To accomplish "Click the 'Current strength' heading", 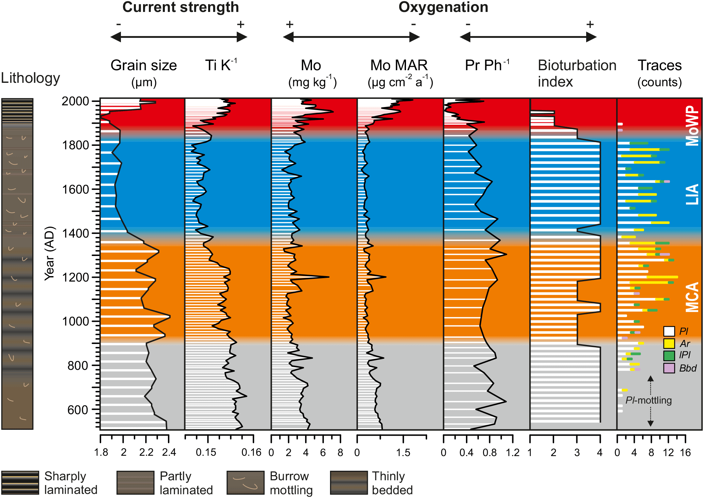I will pyautogui.click(x=181, y=7).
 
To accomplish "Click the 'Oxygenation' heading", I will pyautogui.click(x=443, y=7).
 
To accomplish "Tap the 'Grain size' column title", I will pyautogui.click(x=144, y=65).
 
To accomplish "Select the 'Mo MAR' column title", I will pyautogui.click(x=399, y=65).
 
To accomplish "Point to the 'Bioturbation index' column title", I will pyautogui.click(x=577, y=73).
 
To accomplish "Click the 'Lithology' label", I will pyautogui.click(x=30, y=78).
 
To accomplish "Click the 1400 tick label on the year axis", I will pyautogui.click(x=75, y=233).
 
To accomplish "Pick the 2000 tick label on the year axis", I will pyautogui.click(x=75, y=101).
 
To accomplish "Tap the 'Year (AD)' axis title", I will pyautogui.click(x=50, y=253).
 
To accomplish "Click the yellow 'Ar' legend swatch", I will pyautogui.click(x=669, y=343).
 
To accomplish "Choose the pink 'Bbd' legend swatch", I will pyautogui.click(x=669, y=368).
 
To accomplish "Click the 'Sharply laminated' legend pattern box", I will pyautogui.click(x=20, y=483).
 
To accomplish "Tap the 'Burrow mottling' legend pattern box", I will pyautogui.click(x=246, y=483).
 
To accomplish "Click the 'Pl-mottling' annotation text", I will pyautogui.click(x=648, y=400).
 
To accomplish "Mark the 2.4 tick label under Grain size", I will pyautogui.click(x=169, y=452).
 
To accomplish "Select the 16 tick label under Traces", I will pyautogui.click(x=685, y=452).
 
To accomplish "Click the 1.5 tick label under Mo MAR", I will pyautogui.click(x=403, y=452).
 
